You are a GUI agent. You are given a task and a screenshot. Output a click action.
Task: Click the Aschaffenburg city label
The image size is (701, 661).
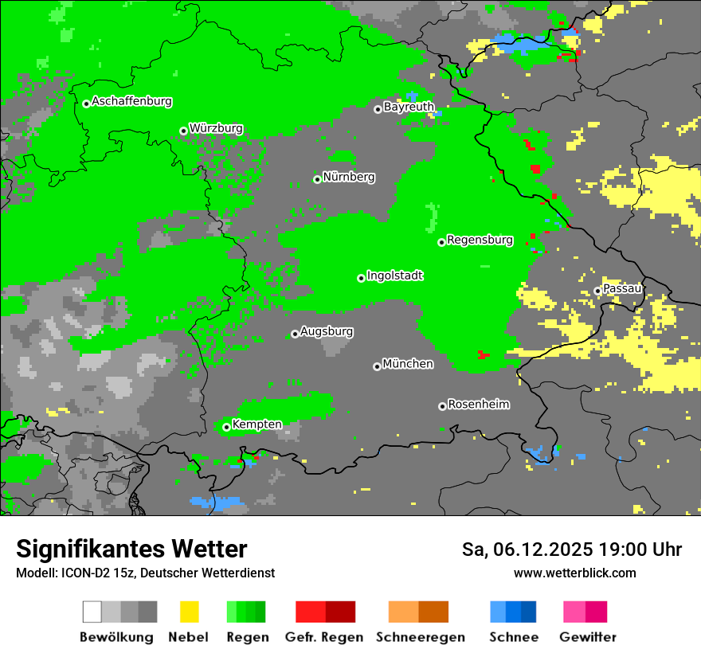pos(131,102)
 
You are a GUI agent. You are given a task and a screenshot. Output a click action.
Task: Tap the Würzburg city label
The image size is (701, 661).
pos(216,129)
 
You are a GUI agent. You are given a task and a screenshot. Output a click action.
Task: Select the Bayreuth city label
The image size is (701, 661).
pos(409,107)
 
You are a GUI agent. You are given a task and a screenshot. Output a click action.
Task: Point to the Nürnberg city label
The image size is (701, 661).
pos(349,178)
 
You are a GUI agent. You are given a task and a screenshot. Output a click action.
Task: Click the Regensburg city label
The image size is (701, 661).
pos(480,240)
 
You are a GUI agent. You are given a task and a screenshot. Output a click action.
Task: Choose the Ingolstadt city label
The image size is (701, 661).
pos(395,276)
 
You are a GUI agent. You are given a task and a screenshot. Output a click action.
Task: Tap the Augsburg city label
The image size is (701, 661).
pos(327,332)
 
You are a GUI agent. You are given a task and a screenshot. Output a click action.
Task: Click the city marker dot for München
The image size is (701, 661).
pos(377,366)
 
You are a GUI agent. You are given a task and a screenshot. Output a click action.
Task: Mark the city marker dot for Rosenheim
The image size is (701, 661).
pos(442,406)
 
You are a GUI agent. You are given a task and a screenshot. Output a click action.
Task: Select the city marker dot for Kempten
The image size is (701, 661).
pos(226,427)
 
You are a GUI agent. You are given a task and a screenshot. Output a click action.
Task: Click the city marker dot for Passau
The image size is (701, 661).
pos(597,291)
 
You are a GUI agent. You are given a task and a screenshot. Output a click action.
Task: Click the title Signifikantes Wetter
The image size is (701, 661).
pos(131,550)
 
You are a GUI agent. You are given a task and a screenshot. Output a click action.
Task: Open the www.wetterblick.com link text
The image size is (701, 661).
pos(574,573)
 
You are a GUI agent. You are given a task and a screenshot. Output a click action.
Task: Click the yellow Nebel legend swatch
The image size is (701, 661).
pos(189,612)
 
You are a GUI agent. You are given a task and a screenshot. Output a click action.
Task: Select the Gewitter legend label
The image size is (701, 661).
pos(588,637)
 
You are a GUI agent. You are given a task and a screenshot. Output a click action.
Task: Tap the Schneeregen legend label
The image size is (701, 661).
pos(421,637)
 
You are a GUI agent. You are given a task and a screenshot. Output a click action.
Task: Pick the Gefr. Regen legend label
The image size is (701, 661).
pos(324,637)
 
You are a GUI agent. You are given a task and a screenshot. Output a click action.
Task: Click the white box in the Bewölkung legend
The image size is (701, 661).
pos(92,612)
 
